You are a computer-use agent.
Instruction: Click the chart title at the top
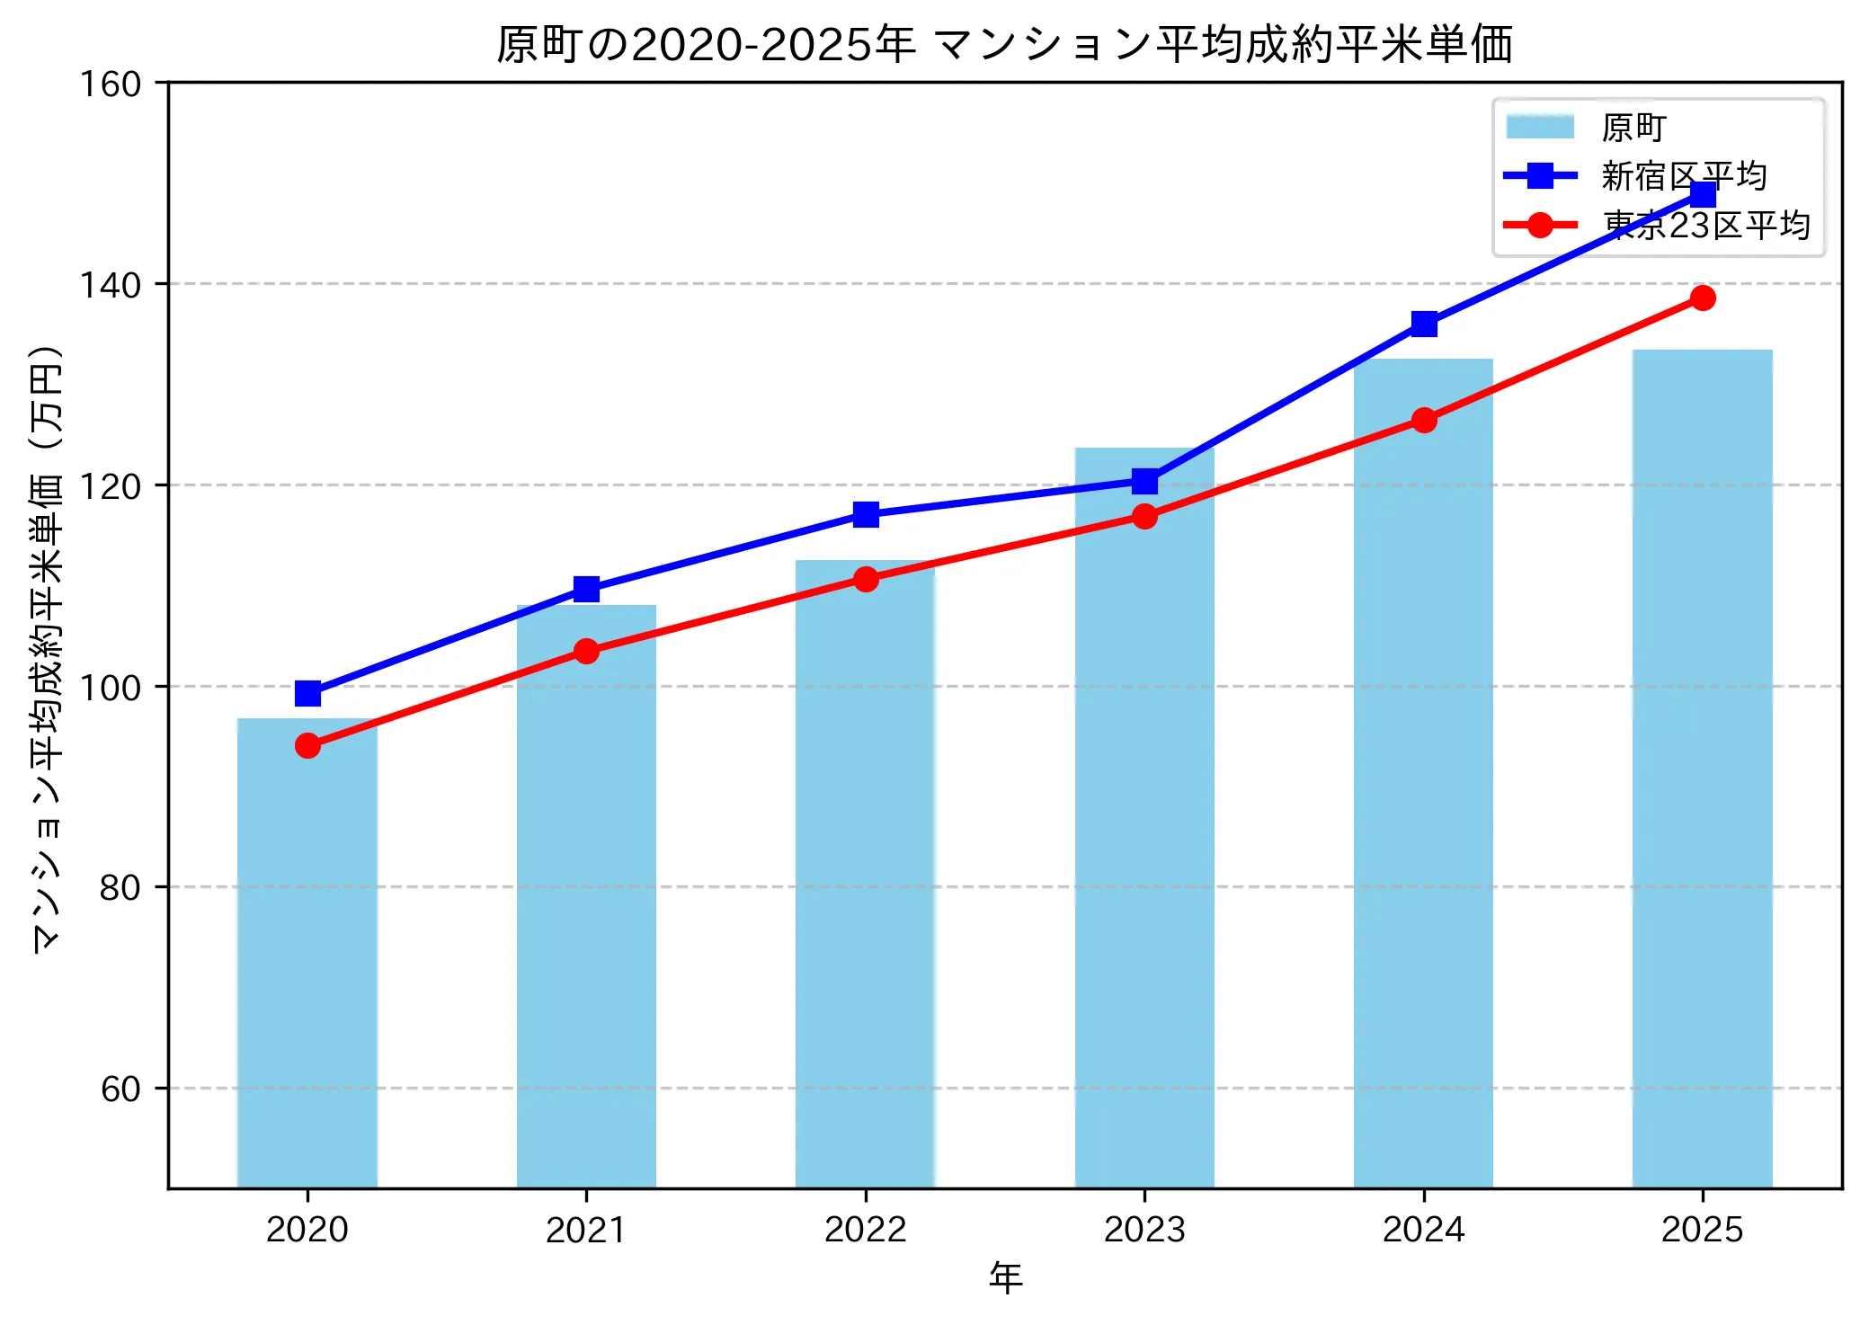coord(1004,45)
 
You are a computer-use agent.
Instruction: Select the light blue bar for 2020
coord(307,953)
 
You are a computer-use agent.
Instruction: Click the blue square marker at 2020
coord(307,693)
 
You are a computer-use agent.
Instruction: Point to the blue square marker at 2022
coord(866,514)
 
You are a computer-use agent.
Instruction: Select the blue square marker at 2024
coord(1424,324)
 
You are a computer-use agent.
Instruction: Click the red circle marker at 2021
coord(586,651)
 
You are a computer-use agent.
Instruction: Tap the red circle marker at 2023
coord(1144,516)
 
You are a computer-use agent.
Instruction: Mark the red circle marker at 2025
coord(1703,298)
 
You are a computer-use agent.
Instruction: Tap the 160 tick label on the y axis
coord(111,84)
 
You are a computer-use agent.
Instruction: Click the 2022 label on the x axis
coord(865,1230)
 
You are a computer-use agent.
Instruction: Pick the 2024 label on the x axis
coord(1423,1230)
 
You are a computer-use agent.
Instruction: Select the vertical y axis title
coord(47,647)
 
